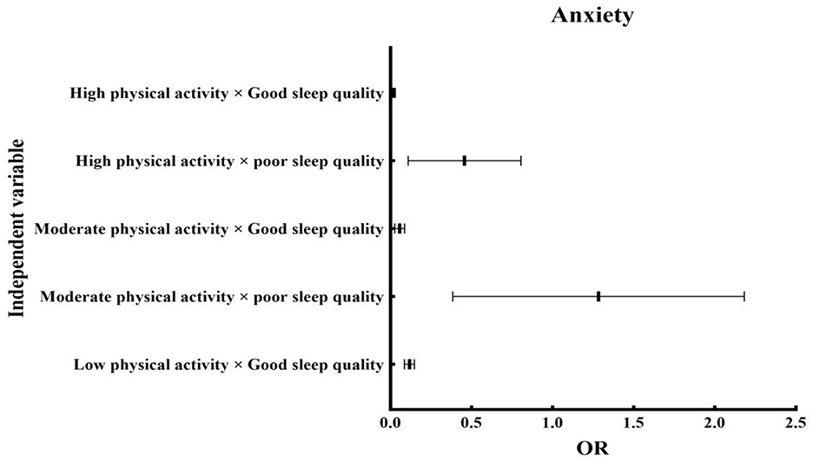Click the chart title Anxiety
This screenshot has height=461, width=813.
tap(593, 16)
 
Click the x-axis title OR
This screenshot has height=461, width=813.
tap(593, 449)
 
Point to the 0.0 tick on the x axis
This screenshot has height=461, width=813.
tap(391, 424)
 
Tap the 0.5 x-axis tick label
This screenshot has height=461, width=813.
tap(472, 424)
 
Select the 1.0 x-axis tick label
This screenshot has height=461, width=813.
tap(553, 424)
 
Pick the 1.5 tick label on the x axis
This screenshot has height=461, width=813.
tap(634, 424)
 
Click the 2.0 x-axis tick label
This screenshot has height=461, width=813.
tap(715, 424)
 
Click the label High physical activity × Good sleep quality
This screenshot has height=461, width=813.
tap(227, 93)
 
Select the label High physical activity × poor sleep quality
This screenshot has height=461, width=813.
tap(230, 161)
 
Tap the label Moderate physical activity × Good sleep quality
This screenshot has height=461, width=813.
tap(208, 229)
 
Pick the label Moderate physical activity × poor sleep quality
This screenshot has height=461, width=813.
tap(212, 297)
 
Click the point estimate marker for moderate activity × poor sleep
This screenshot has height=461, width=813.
tap(598, 297)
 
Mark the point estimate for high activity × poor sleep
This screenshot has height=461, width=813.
tap(465, 161)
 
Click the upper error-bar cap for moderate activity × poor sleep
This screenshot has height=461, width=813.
tap(744, 297)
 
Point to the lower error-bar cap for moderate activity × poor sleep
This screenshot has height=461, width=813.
tap(453, 297)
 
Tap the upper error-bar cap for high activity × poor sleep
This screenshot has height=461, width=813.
tap(521, 161)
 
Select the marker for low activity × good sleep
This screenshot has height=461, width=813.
tap(409, 365)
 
